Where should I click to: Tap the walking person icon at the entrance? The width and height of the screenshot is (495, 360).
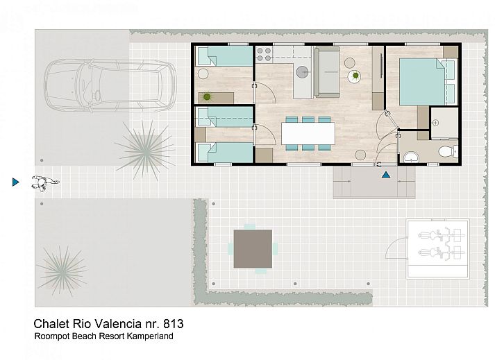(45, 183)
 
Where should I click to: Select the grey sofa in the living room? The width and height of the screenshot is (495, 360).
(329, 71)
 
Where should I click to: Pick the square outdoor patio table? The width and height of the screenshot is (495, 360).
(253, 248)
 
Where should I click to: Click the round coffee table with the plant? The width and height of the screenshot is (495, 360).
(355, 76)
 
